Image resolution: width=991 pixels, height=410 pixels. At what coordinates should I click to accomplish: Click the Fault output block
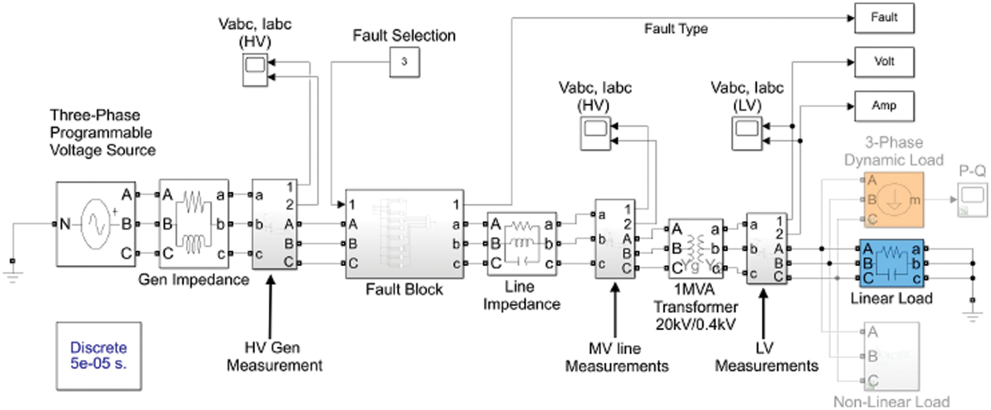click(x=884, y=18)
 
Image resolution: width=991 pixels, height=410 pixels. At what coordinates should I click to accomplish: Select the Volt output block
click(x=884, y=62)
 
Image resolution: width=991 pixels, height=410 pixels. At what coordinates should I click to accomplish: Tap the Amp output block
click(x=884, y=106)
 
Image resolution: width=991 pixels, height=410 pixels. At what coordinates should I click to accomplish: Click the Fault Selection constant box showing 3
click(x=404, y=62)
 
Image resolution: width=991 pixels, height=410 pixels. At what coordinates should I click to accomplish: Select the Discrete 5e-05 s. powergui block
click(x=99, y=356)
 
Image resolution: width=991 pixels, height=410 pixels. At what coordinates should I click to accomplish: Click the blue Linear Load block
click(x=892, y=263)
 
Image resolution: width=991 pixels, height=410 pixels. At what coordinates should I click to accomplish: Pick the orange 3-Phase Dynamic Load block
click(x=893, y=200)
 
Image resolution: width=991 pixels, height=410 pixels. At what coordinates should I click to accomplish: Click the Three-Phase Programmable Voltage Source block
click(x=96, y=224)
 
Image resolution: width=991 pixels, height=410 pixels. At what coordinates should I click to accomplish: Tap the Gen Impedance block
click(x=194, y=224)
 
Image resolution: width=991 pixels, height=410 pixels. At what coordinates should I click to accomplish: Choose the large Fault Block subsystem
click(x=404, y=234)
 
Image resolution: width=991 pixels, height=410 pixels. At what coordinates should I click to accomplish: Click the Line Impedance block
click(x=521, y=244)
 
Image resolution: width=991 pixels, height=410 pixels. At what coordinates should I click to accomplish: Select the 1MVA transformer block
click(x=695, y=248)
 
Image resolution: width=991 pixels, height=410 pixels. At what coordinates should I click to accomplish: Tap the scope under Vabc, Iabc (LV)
click(x=747, y=133)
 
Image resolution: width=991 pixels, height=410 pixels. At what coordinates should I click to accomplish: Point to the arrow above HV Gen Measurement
click(x=271, y=305)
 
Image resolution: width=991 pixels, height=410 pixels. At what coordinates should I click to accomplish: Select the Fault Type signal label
click(x=675, y=29)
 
